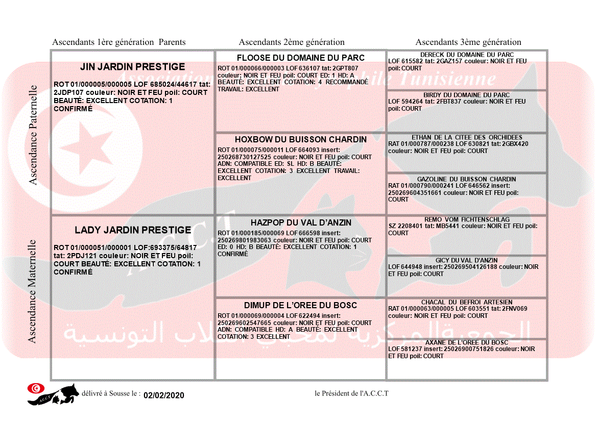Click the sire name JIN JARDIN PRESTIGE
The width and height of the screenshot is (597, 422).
coord(132,67)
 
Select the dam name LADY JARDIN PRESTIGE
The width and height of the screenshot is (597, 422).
coord(133,230)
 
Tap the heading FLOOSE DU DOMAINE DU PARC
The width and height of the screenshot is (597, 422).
coord(301,58)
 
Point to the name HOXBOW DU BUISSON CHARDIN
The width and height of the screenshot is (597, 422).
coord(301,139)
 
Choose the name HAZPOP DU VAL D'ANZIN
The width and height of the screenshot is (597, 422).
coord(301,223)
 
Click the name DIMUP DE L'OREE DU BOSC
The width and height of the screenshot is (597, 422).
coord(301,305)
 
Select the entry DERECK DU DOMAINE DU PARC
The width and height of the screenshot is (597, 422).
coord(467,55)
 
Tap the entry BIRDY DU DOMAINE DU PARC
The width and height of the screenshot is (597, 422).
coord(467,95)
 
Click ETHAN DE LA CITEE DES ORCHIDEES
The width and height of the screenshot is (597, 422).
coord(467,137)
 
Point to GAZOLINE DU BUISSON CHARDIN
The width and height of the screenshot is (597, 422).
coord(467,179)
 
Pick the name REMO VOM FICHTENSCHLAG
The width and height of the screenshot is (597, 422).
coord(467,219)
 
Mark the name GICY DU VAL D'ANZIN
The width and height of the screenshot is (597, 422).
coord(467,260)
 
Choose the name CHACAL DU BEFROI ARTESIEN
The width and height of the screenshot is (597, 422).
coord(467,302)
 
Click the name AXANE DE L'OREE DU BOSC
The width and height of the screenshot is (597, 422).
coord(467,342)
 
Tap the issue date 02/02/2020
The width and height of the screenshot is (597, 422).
coord(163,395)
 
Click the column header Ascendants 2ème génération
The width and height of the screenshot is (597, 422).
coord(292,42)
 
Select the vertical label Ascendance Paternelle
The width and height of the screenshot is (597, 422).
coord(33,135)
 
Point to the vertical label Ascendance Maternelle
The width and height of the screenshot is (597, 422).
coord(33,291)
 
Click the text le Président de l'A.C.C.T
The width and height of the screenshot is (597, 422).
coord(351,393)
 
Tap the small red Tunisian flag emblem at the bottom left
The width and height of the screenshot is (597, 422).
coord(35,388)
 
